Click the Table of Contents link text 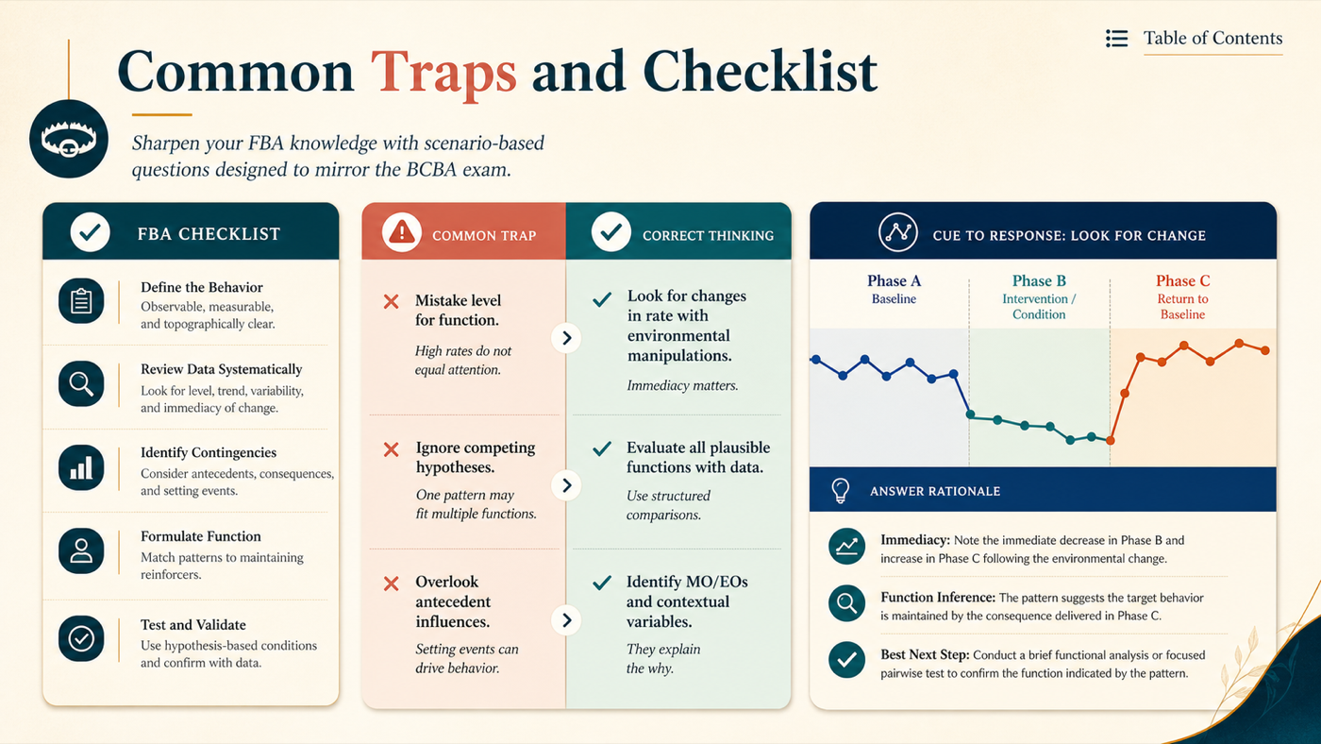click(x=1212, y=39)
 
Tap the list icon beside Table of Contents click(x=1116, y=39)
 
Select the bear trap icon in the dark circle click(x=68, y=139)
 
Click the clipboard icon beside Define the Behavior click(x=81, y=301)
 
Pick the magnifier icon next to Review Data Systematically click(x=81, y=384)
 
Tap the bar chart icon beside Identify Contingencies click(x=81, y=468)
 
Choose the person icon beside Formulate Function click(x=81, y=551)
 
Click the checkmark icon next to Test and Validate click(x=81, y=638)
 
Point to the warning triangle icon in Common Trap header click(x=402, y=232)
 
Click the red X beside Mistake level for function click(x=391, y=302)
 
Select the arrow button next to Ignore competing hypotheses click(x=566, y=485)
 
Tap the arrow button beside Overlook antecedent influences click(x=566, y=620)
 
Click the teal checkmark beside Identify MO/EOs click(x=602, y=583)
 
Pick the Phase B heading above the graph click(x=1039, y=280)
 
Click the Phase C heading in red click(x=1182, y=280)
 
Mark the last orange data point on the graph click(x=1265, y=350)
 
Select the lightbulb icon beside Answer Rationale click(x=841, y=490)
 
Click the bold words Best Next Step click(x=925, y=655)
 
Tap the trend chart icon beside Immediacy click(x=847, y=547)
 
